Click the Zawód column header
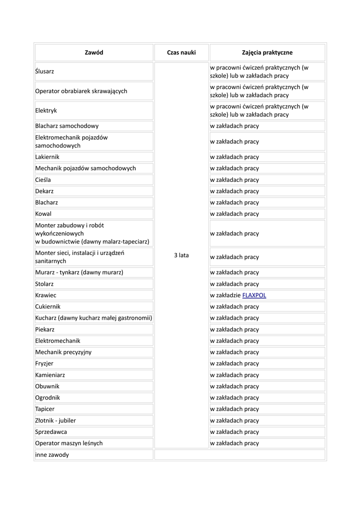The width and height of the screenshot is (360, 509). point(94,53)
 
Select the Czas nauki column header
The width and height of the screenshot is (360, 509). point(181,53)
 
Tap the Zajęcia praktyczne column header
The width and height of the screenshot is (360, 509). point(267,53)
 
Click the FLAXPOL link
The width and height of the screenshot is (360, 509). point(254,295)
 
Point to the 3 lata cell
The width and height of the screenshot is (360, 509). point(181,255)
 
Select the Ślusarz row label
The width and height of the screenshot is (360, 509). point(45,72)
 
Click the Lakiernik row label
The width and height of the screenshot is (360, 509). point(47,157)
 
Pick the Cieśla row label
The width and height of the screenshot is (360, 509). point(43,180)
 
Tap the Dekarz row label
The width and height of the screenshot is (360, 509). point(45,191)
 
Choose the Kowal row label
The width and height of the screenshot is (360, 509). point(43,214)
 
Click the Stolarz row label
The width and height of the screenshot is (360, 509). point(45,284)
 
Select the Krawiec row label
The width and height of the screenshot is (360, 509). point(45,295)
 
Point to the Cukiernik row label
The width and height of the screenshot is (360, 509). point(48,307)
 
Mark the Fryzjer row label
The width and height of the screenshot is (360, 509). point(44,363)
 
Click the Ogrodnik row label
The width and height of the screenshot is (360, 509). point(48,398)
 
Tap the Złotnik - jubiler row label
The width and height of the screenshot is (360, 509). point(56,421)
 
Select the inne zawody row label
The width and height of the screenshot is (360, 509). point(52,455)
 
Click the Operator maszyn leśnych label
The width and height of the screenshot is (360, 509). point(69,443)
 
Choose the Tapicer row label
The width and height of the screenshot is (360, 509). point(45,409)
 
